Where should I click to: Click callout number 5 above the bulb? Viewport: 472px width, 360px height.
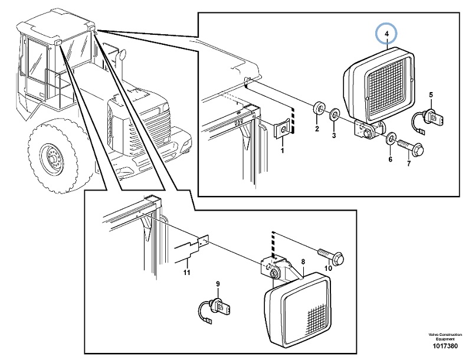pos(431,95)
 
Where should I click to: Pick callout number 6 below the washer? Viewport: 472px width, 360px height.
pos(390,159)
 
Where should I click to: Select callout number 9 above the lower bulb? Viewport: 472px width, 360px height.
pos(218,284)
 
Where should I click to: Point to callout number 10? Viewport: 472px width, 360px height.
pos(329,270)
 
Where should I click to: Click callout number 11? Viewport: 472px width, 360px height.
pos(186,272)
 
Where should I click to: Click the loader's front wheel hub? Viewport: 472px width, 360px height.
pos(51,159)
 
